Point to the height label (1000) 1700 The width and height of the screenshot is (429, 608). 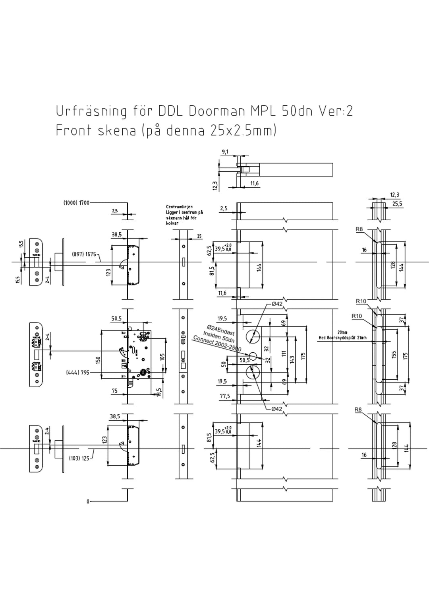click(x=76, y=203)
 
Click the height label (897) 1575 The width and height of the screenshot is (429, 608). click(x=84, y=254)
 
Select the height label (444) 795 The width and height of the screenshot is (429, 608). click(x=78, y=373)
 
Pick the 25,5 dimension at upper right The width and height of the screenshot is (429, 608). click(x=397, y=204)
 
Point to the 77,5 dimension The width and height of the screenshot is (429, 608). click(x=225, y=396)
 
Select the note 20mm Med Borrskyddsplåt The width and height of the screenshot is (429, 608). click(x=342, y=335)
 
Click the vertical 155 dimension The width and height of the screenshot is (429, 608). click(x=394, y=354)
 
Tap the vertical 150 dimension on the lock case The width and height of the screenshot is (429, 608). click(x=98, y=359)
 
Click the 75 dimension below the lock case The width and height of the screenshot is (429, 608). click(x=114, y=391)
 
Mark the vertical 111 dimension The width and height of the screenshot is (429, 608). click(x=284, y=354)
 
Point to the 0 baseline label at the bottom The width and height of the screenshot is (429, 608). click(x=88, y=502)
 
